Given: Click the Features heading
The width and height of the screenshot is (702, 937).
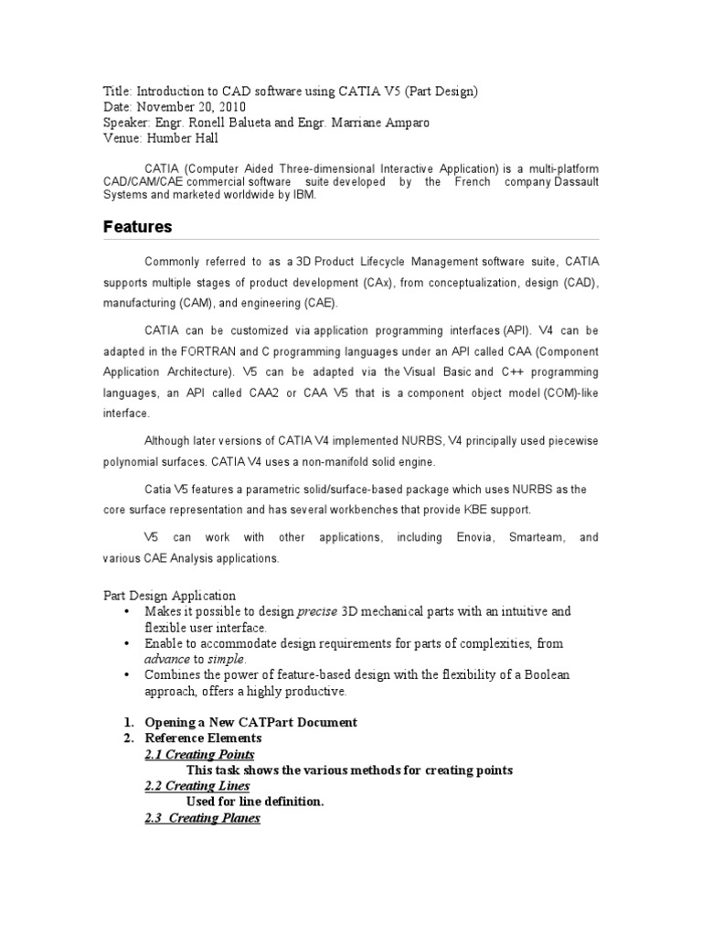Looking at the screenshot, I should click(137, 227).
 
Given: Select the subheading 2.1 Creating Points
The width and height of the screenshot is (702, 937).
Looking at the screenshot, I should click(199, 754).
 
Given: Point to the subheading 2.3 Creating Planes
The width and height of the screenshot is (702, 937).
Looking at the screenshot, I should click(202, 818).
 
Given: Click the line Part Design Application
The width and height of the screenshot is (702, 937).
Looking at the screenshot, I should click(168, 596).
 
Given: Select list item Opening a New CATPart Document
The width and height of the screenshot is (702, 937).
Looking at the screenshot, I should click(250, 722).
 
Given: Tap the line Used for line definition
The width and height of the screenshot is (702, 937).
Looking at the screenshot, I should click(254, 802).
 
